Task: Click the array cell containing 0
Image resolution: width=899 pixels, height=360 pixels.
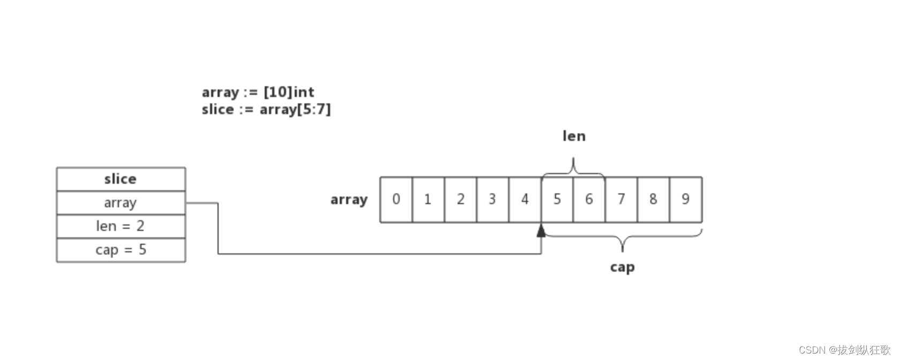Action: [396, 199]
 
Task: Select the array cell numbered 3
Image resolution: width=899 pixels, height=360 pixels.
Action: [492, 199]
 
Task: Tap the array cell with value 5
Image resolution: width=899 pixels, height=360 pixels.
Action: [557, 199]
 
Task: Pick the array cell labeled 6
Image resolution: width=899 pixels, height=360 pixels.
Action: [589, 199]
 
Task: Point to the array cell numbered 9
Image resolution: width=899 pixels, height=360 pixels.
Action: [686, 199]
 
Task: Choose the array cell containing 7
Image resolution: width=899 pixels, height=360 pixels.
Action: [621, 199]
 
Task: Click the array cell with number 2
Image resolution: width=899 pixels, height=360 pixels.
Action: [460, 199]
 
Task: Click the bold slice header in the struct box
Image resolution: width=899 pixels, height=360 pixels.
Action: [121, 179]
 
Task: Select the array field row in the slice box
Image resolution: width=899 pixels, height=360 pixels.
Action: [121, 202]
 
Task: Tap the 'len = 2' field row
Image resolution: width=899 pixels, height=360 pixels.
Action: [121, 226]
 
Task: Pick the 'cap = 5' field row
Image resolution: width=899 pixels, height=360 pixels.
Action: [121, 250]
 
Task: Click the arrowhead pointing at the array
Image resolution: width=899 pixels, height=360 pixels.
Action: [541, 230]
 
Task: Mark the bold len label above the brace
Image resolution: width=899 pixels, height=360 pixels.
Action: [574, 136]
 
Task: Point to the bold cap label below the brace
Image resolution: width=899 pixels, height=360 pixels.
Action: [622, 267]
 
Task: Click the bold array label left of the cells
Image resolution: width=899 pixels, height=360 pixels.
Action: [349, 200]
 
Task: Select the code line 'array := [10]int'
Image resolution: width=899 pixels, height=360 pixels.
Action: [258, 92]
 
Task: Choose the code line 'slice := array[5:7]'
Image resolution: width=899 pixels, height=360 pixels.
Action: [266, 109]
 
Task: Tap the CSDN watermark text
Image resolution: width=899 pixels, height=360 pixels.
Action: [844, 350]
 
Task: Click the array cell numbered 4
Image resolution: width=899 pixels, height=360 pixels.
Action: [525, 199]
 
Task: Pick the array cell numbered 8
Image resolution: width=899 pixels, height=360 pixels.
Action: [654, 199]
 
